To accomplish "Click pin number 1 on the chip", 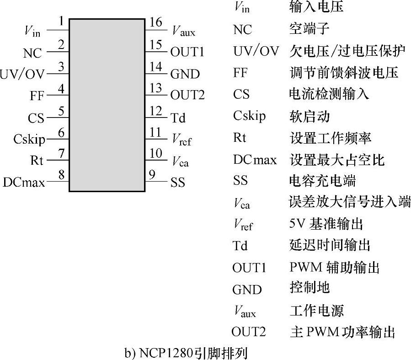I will tap(61, 22).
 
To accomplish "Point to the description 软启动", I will tap(310, 116).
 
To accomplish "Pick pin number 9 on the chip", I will tap(152, 174).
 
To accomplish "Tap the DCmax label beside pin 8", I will tap(24, 183).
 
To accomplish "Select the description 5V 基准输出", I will tap(326, 224).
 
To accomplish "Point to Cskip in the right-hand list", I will tap(249, 116).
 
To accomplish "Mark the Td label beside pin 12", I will tap(178, 118).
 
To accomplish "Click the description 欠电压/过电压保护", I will tap(347, 51).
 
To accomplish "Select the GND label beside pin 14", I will tap(185, 74).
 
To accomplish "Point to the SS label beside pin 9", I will tap(178, 183).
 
